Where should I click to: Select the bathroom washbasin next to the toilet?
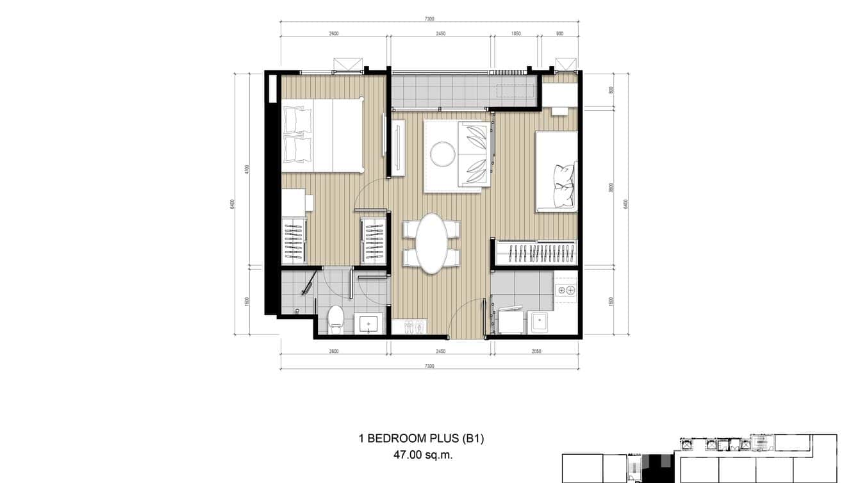(368, 324)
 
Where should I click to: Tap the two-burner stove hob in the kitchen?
(566, 290)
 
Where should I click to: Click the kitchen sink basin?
(538, 322)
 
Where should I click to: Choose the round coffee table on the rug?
(442, 154)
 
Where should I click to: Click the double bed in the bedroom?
(322, 135)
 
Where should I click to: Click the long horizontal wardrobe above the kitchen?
(537, 252)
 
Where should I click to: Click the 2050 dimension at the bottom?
(536, 351)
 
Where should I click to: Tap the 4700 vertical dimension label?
(247, 170)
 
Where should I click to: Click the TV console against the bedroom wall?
(398, 147)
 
